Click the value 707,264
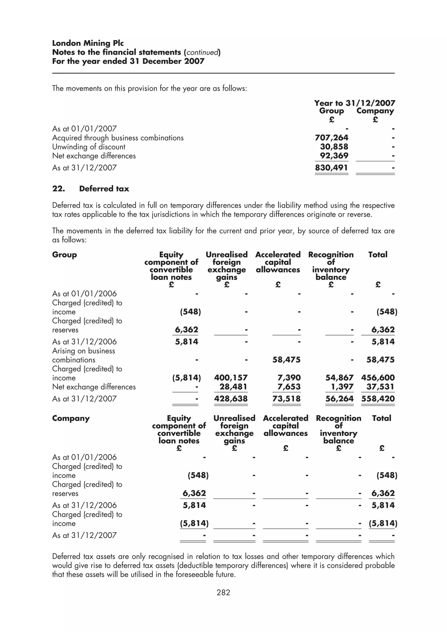[331, 138]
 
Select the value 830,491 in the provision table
[331, 168]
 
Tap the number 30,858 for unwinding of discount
[334, 147]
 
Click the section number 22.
[58, 189]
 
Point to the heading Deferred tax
[104, 189]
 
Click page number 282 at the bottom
[223, 592]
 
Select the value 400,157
[231, 378]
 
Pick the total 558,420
[378, 399]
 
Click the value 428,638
[231, 399]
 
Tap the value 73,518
[286, 399]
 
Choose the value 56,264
[339, 399]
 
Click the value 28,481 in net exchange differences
[233, 387]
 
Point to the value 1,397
[342, 387]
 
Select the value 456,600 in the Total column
[378, 378]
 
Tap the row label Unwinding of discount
[89, 147]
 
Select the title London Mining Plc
[88, 43]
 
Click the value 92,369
[334, 156]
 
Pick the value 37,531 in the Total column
[380, 387]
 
